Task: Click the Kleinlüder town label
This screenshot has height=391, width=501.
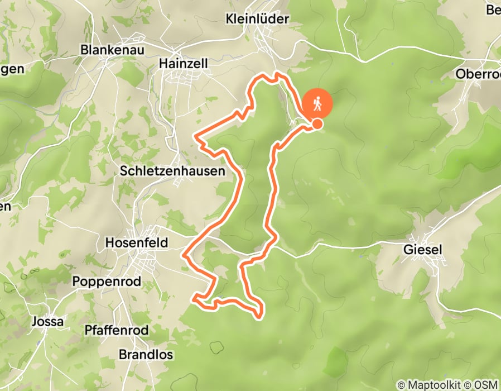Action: point(257,19)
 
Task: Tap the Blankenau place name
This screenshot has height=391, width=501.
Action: point(113,50)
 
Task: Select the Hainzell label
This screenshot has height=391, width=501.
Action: point(184,64)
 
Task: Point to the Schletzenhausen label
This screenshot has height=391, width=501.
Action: point(172,171)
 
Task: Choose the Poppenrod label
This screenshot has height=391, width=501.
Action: point(107,282)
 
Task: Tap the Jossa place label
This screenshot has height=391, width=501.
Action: point(48,322)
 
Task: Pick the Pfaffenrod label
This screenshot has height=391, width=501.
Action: point(117,331)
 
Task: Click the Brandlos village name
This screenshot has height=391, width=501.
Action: point(146,355)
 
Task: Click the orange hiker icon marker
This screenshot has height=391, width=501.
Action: point(317,103)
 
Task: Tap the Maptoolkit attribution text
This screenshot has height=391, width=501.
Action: point(432,385)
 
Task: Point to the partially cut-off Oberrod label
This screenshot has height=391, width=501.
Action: point(477,74)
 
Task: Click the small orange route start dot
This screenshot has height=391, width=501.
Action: point(317,124)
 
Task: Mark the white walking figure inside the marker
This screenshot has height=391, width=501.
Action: point(317,103)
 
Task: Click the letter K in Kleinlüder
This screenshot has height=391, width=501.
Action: point(229,19)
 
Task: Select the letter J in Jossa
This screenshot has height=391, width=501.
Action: point(35,322)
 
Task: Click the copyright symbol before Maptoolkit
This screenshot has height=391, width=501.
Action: point(401,385)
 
